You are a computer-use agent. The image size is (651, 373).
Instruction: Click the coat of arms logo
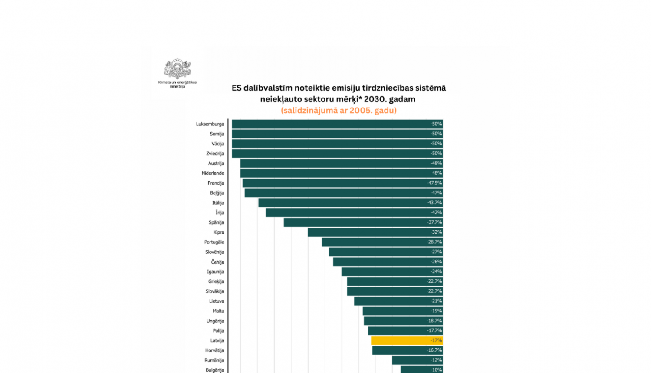(177, 69)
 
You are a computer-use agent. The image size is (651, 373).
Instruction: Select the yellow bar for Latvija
(407, 340)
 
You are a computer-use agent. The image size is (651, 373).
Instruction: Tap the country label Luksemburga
(210, 124)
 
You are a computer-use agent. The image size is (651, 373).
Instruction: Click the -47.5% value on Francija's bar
(434, 183)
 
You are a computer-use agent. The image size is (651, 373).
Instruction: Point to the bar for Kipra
(375, 232)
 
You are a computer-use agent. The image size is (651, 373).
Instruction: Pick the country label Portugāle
(214, 242)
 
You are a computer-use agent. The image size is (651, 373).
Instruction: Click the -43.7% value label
(434, 203)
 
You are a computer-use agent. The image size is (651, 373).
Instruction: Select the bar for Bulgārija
(421, 370)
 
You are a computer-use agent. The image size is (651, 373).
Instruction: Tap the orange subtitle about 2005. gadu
(339, 110)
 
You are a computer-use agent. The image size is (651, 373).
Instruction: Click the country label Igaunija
(215, 272)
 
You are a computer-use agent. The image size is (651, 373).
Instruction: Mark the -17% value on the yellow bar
(436, 340)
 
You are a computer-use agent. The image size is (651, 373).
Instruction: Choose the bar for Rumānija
(417, 360)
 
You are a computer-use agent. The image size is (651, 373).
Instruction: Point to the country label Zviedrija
(215, 154)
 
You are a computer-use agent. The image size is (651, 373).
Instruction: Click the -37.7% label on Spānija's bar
(434, 222)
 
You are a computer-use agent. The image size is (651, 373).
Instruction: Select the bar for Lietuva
(398, 301)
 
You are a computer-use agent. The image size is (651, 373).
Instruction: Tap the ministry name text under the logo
(177, 84)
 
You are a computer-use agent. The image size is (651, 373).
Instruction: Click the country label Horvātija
(214, 350)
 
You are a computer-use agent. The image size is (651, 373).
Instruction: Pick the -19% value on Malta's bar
(436, 311)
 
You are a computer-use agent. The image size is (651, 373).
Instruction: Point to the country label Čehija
(217, 262)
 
